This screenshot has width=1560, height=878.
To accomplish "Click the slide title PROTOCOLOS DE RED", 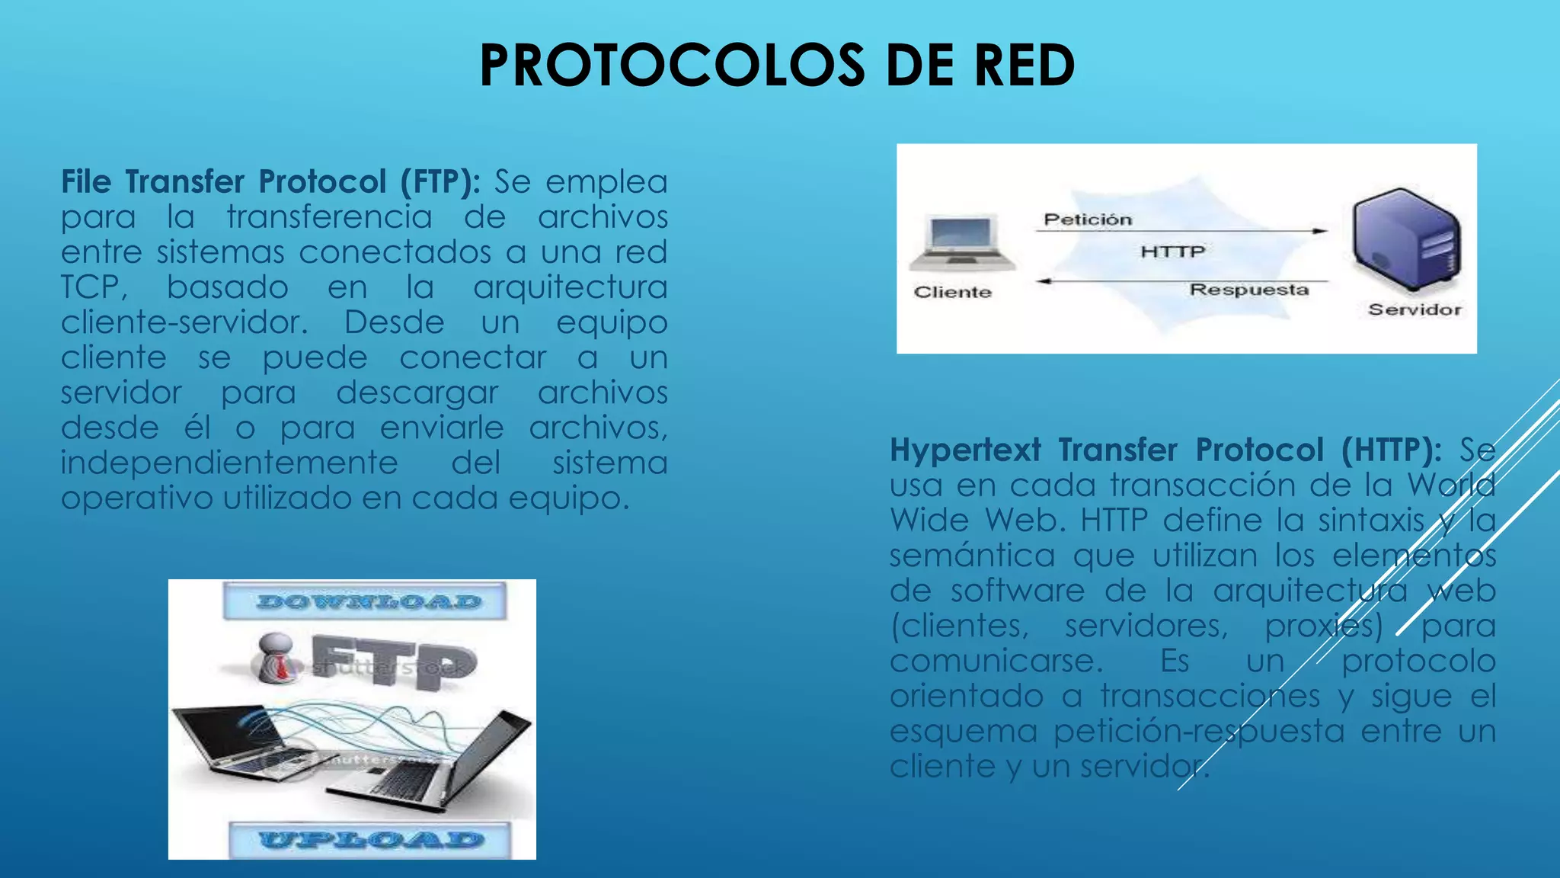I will coord(777,66).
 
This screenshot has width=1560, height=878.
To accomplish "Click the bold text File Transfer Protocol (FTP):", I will coord(270,182).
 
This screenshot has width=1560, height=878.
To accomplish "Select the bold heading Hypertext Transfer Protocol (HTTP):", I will coord(1165,450).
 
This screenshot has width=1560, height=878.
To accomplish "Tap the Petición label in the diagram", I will coord(1088,219).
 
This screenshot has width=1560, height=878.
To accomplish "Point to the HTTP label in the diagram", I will coord(1172,252).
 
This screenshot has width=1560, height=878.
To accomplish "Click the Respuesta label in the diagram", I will coord(1249,290).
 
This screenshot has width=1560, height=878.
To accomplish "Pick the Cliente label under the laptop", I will coord(953,292).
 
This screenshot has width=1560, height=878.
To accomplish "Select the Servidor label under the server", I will coord(1415,309).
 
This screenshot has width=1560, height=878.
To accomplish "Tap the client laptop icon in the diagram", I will coord(962,243).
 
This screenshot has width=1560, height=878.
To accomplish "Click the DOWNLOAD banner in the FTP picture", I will coord(365,601).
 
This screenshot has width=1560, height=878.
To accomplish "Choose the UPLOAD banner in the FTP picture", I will coord(370,840).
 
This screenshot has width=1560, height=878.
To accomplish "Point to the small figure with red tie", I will coord(275,657).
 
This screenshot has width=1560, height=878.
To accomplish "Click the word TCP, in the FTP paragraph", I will coord(94,287).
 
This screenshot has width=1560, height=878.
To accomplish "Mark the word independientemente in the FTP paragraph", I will coord(229,463).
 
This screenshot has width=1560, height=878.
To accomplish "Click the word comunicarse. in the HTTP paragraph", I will coord(996,661).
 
